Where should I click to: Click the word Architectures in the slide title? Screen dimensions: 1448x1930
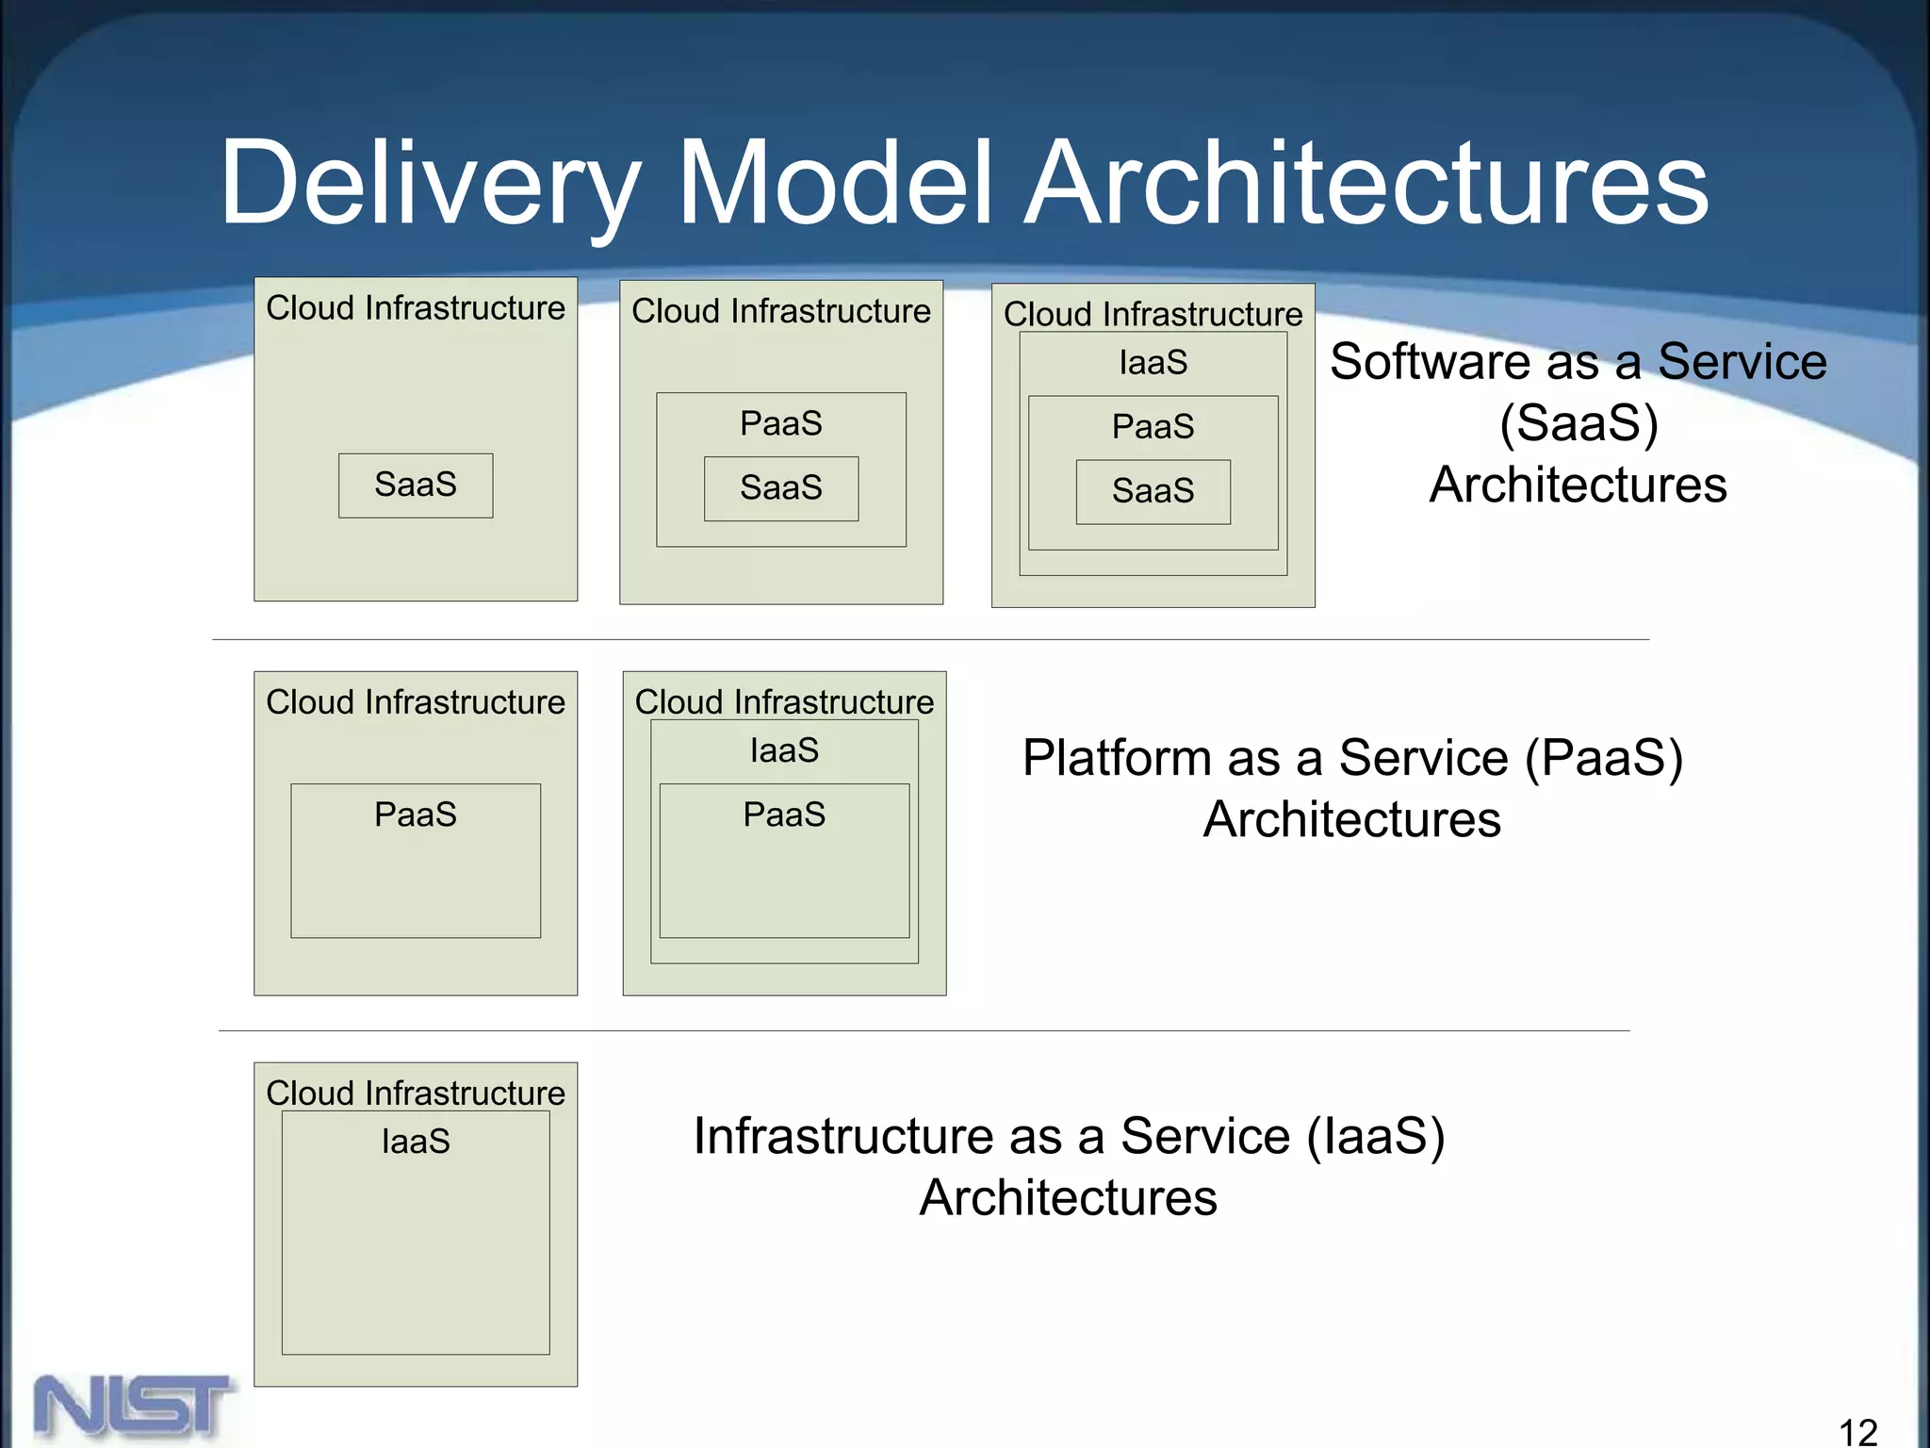1366,184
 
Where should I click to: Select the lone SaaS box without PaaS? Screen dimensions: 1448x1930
416,485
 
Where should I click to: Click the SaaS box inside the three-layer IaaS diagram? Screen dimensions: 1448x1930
1153,491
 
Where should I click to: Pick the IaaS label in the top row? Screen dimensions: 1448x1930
1153,363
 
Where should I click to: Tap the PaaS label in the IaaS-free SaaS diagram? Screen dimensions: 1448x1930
780,424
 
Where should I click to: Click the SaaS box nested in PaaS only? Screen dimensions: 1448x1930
780,488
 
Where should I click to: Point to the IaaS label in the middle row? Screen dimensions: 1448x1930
784,751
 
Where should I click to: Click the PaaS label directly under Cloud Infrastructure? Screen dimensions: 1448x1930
415,814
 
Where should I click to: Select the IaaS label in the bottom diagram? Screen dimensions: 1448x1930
416,1142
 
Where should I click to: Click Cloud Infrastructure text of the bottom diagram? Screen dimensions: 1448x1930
416,1094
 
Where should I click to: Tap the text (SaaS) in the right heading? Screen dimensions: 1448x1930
1578,423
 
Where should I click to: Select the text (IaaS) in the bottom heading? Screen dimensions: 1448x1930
1375,1136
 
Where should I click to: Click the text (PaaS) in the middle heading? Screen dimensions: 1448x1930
1603,758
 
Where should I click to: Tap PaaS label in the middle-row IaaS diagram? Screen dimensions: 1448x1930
784,814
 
